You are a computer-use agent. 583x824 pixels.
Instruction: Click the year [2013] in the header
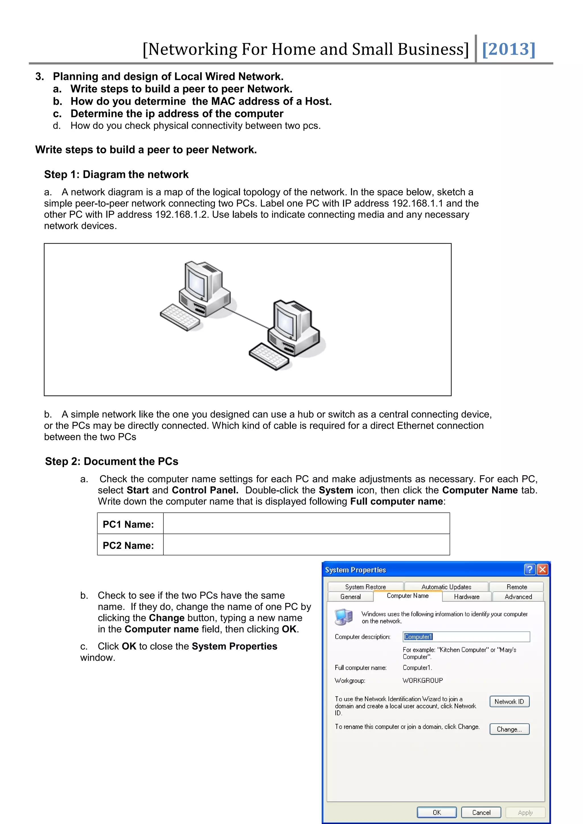[x=508, y=49]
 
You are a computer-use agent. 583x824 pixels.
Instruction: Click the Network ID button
[x=509, y=701]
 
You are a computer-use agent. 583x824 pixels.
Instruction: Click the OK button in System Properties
[x=436, y=812]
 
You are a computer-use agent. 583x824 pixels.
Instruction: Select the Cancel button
[x=481, y=812]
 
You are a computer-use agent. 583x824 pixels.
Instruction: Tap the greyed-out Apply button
[x=525, y=812]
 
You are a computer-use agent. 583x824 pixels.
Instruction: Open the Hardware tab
[x=466, y=596]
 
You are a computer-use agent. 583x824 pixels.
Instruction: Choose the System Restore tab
[x=365, y=587]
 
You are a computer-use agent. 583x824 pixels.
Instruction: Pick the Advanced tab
[x=518, y=596]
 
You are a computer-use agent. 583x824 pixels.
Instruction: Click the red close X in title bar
[x=542, y=570]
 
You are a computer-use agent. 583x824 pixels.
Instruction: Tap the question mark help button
[x=529, y=570]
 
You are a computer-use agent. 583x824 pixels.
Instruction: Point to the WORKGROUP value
[x=422, y=680]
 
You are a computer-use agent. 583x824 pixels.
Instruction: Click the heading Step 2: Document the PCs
[x=112, y=461]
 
